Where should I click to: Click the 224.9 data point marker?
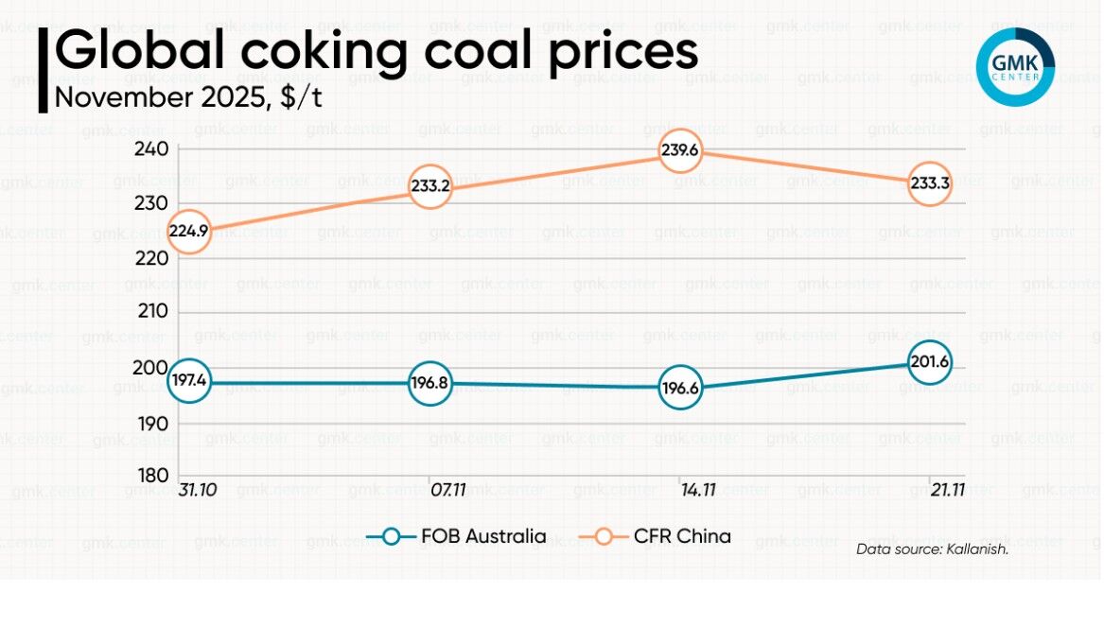click(189, 232)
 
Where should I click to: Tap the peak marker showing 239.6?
click(680, 150)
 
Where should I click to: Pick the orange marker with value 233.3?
click(929, 185)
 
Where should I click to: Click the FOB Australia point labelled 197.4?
click(189, 381)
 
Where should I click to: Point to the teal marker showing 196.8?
click(430, 384)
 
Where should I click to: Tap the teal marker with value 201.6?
click(929, 362)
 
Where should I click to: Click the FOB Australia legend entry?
click(457, 537)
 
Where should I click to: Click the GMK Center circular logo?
click(1015, 66)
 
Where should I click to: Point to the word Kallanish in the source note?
click(976, 548)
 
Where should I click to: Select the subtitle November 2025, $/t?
click(188, 98)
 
